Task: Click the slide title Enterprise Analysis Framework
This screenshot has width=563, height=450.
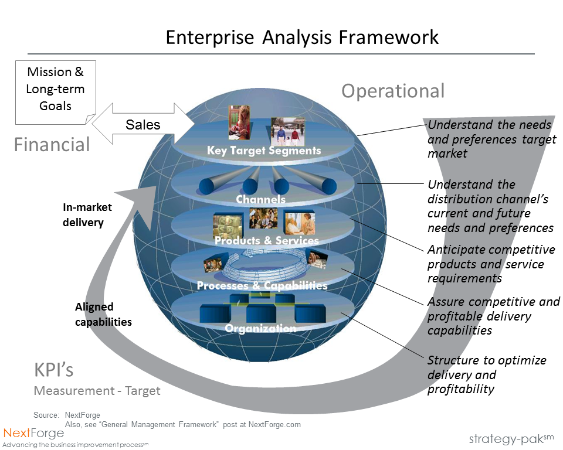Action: [302, 37]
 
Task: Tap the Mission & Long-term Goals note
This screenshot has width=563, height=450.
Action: [56, 89]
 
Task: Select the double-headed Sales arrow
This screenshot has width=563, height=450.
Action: [143, 124]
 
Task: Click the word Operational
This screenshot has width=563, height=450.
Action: [393, 91]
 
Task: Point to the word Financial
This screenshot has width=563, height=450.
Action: [52, 144]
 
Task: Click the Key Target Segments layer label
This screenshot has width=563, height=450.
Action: [264, 151]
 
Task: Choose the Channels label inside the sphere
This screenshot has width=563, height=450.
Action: [260, 199]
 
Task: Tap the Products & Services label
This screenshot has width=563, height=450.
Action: [267, 240]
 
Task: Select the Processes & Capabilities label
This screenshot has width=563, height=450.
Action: [262, 285]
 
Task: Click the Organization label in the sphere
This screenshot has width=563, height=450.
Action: [260, 328]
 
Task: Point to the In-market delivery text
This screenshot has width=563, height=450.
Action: [87, 214]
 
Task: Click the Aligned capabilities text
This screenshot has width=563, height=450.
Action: [103, 314]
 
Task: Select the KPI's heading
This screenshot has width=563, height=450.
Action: [53, 370]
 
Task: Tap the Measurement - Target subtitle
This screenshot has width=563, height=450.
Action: [97, 391]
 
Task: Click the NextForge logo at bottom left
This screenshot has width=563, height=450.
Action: [33, 433]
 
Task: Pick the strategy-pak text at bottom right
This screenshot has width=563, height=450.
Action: [510, 439]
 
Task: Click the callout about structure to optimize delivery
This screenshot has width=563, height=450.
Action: [487, 374]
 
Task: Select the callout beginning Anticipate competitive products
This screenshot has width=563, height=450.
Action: [491, 264]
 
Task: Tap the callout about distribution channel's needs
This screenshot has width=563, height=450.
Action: [490, 206]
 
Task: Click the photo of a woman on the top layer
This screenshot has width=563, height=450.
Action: [239, 122]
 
